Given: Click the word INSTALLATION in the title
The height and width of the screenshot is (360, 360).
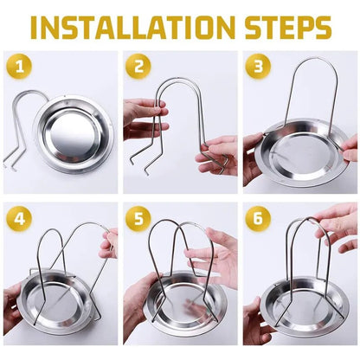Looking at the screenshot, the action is (x=133, y=28).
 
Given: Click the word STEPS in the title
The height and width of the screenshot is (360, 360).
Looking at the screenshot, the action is (x=288, y=28).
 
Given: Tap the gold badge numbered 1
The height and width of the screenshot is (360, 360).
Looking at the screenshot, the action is (x=19, y=67).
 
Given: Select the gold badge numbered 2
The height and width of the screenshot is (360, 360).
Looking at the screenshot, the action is (x=138, y=67).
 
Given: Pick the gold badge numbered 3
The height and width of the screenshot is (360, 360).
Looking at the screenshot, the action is (x=258, y=67).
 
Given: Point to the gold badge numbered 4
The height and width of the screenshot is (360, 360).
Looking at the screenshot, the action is (x=19, y=219).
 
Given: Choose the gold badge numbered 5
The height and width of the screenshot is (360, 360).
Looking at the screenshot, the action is (x=138, y=219).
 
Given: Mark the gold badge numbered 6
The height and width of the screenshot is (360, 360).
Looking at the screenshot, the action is (x=258, y=219).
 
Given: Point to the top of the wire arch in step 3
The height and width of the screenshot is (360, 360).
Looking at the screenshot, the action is (x=315, y=59).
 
